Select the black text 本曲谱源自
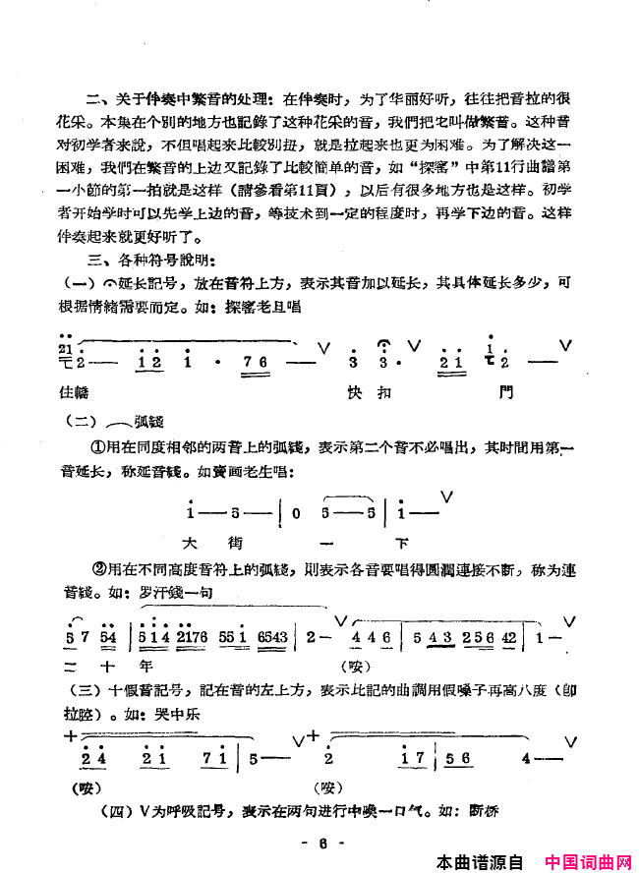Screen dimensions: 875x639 coord(480,862)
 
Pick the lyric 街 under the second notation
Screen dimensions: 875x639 coord(236,541)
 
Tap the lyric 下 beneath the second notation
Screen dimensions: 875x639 coord(400,541)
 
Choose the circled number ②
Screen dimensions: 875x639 coord(97,568)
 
